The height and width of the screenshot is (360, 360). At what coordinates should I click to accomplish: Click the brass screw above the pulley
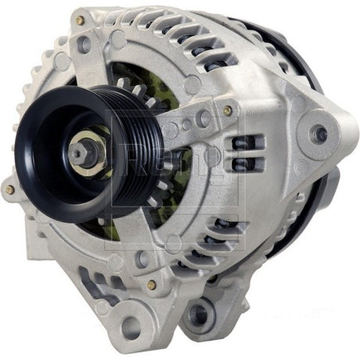[80, 21]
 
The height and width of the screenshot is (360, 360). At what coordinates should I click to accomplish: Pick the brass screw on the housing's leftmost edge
[9, 189]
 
